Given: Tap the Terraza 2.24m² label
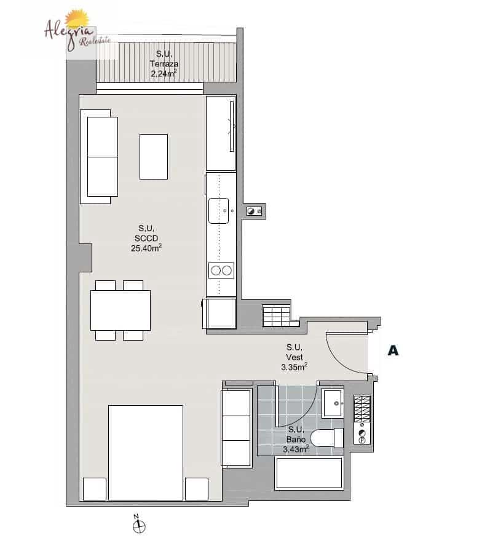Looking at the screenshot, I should [164, 65].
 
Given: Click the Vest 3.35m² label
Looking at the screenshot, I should [294, 357].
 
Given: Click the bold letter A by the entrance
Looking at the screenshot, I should [393, 351].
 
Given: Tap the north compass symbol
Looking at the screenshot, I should [140, 525].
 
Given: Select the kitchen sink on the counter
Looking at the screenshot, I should [220, 211].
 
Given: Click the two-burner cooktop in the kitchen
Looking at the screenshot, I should [221, 270].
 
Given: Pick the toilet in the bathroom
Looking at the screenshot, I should [326, 438].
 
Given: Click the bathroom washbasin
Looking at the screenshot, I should [334, 404].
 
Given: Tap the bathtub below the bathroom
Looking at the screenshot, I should [309, 473].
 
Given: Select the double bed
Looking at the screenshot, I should [146, 452].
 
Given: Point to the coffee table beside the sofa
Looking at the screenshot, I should [154, 157].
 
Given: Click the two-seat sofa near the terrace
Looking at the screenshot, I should [101, 156].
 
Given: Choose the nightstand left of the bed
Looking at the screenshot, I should [95, 488].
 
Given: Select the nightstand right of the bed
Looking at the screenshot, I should [196, 488].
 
